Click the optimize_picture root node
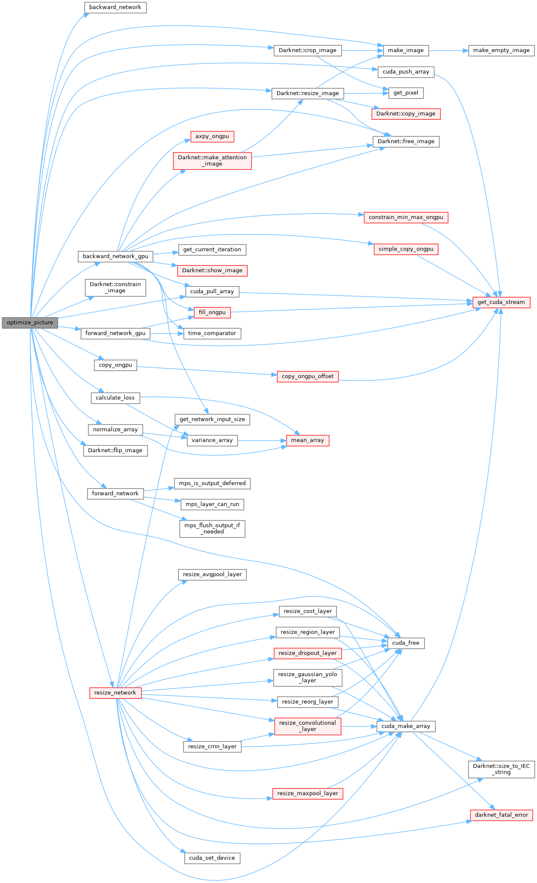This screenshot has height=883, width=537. [30, 323]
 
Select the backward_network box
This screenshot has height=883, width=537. [115, 7]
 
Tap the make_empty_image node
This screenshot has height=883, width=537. [501, 50]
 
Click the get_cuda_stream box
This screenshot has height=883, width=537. [501, 302]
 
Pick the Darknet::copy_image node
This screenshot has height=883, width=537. [406, 114]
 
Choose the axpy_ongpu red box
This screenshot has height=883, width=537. [212, 136]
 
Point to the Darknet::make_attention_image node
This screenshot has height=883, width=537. [212, 160]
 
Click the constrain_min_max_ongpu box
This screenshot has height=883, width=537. [406, 217]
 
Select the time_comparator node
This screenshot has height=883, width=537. [212, 333]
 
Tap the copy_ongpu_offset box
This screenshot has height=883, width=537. [308, 377]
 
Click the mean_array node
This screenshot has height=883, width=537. [308, 440]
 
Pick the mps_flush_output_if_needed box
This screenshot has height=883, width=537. [212, 529]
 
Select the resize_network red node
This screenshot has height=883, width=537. [115, 693]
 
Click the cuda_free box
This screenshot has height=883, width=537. [406, 643]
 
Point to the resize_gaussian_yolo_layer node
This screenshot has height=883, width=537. [308, 677]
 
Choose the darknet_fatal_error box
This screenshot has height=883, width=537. [501, 815]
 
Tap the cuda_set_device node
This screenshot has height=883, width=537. [212, 858]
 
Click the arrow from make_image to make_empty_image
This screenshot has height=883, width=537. [448, 50]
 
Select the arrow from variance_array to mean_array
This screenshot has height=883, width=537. [262, 440]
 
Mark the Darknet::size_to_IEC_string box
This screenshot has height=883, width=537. [501, 769]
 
